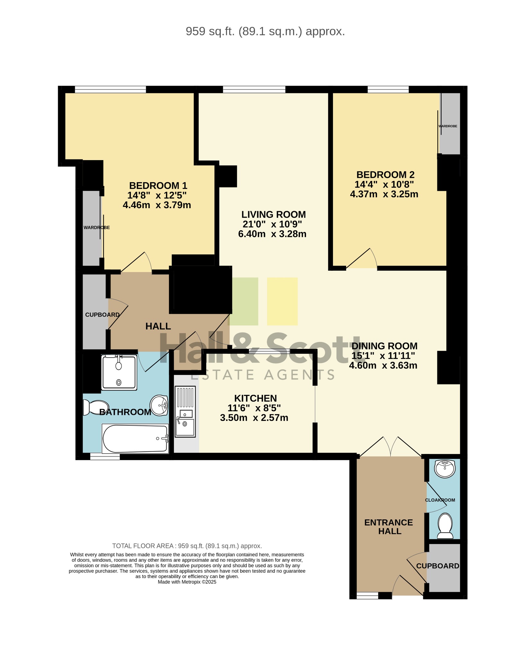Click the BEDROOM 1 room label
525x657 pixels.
158,185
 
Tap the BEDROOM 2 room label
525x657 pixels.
385,175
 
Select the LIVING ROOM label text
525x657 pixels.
274,214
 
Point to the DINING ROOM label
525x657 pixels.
384,346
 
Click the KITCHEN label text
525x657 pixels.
256,398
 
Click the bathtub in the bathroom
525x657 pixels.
136,439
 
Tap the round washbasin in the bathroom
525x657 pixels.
159,405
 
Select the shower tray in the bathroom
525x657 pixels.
119,372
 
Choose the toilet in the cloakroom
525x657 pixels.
445,526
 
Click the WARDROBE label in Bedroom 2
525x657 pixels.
448,126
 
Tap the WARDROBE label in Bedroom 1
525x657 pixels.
97,227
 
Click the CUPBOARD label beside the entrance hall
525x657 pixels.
438,566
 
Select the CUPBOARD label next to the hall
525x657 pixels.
102,315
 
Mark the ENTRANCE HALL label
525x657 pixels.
389,527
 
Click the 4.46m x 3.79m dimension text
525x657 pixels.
157,205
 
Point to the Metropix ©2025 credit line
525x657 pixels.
187,582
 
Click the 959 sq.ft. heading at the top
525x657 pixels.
265,31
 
